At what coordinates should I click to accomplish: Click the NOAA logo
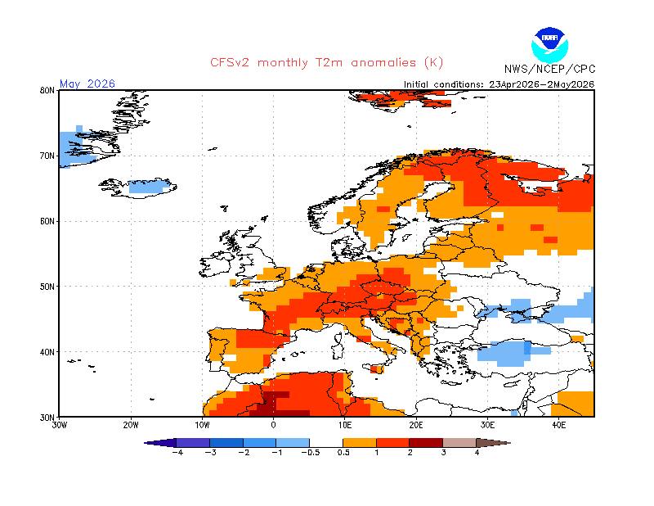pyautogui.click(x=549, y=45)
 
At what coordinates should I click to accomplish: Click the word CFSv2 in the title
pyautogui.click(x=230, y=63)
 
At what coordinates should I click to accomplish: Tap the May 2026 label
pyautogui.click(x=87, y=84)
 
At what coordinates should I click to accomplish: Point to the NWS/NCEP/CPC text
pyautogui.click(x=549, y=69)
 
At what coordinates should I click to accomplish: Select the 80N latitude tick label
pyautogui.click(x=47, y=90)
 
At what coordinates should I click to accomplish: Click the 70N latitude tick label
pyautogui.click(x=47, y=156)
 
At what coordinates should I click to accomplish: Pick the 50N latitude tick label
pyautogui.click(x=47, y=287)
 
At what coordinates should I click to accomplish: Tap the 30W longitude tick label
pyautogui.click(x=59, y=425)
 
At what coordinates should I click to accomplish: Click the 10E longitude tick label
pyautogui.click(x=344, y=425)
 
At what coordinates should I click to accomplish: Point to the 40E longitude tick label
pyautogui.click(x=558, y=425)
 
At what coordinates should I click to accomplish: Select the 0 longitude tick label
pyautogui.click(x=273, y=425)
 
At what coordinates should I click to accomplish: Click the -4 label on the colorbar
pyautogui.click(x=177, y=453)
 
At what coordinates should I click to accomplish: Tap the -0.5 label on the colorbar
pyautogui.click(x=311, y=453)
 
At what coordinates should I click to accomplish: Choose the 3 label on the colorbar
pyautogui.click(x=443, y=453)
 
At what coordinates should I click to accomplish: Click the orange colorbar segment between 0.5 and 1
pyautogui.click(x=360, y=442)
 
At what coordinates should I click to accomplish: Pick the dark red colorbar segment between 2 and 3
pyautogui.click(x=426, y=442)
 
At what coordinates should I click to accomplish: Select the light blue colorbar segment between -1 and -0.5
pyautogui.click(x=293, y=442)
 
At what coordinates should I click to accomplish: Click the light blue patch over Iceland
pyautogui.click(x=148, y=187)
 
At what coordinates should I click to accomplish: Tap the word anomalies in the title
pyautogui.click(x=383, y=63)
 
